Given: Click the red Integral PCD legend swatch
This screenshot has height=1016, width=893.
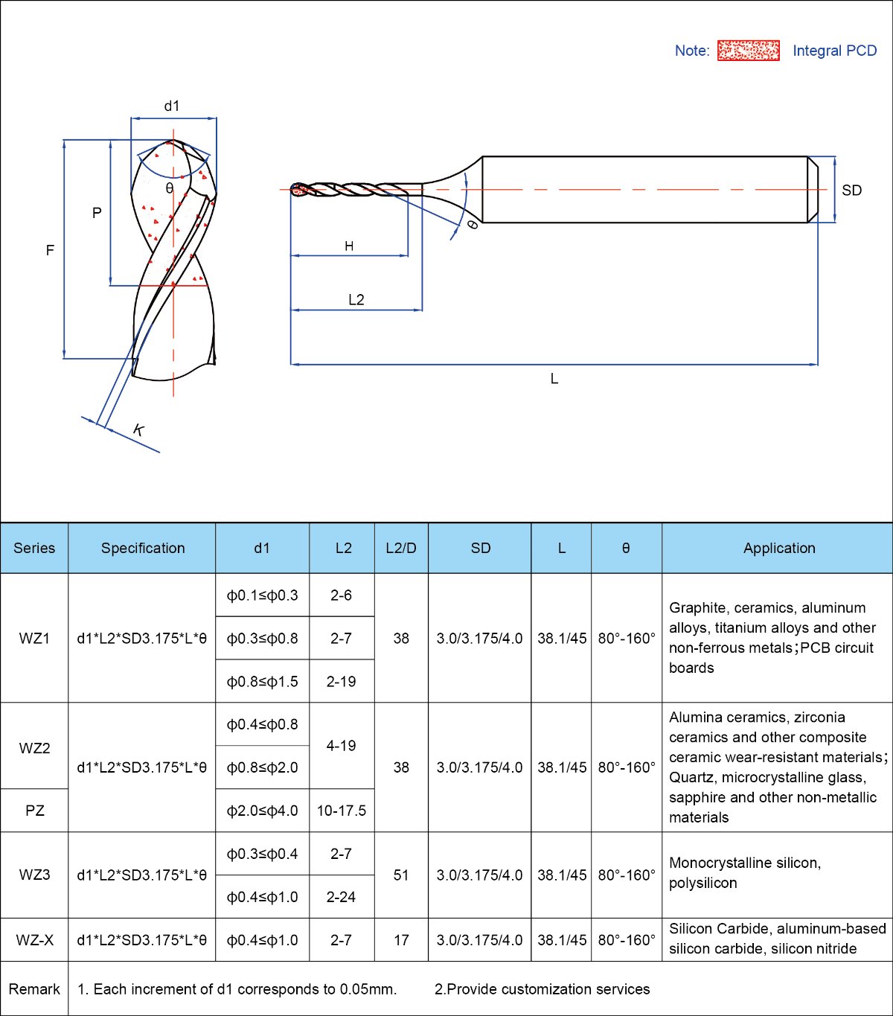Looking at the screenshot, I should pyautogui.click(x=749, y=51).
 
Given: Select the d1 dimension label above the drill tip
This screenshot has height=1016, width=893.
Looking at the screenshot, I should pyautogui.click(x=172, y=106).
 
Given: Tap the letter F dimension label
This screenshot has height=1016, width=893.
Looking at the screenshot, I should pyautogui.click(x=50, y=250).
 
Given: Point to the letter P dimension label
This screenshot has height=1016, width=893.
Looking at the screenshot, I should pyautogui.click(x=97, y=213).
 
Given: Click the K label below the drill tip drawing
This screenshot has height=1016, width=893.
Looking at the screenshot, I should pyautogui.click(x=138, y=429).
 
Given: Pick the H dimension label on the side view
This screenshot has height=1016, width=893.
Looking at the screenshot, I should pyautogui.click(x=349, y=246).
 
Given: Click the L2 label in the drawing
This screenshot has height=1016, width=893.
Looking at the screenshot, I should pyautogui.click(x=356, y=299).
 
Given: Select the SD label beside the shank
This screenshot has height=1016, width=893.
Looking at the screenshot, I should pyautogui.click(x=851, y=190).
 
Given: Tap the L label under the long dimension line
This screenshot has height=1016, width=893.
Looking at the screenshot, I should pyautogui.click(x=554, y=379).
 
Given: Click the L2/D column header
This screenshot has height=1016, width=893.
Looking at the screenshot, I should pyautogui.click(x=401, y=548).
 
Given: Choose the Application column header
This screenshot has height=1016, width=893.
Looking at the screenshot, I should pyautogui.click(x=779, y=548).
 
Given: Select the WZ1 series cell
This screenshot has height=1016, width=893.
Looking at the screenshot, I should pyautogui.click(x=34, y=638).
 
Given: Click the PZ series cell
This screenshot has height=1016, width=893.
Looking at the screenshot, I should pyautogui.click(x=34, y=811).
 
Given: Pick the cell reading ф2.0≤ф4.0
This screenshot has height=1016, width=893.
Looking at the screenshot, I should pyautogui.click(x=262, y=811).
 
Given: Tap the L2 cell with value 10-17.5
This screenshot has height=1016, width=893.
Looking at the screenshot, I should pyautogui.click(x=342, y=811).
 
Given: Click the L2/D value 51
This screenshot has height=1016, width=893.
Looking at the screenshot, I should pyautogui.click(x=401, y=875).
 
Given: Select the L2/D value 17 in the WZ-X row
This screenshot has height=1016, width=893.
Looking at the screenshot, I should pyautogui.click(x=401, y=940).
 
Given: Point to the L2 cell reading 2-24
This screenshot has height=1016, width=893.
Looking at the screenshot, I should pyautogui.click(x=342, y=897).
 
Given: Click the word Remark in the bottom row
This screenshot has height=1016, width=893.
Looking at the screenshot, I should pyautogui.click(x=34, y=989).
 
